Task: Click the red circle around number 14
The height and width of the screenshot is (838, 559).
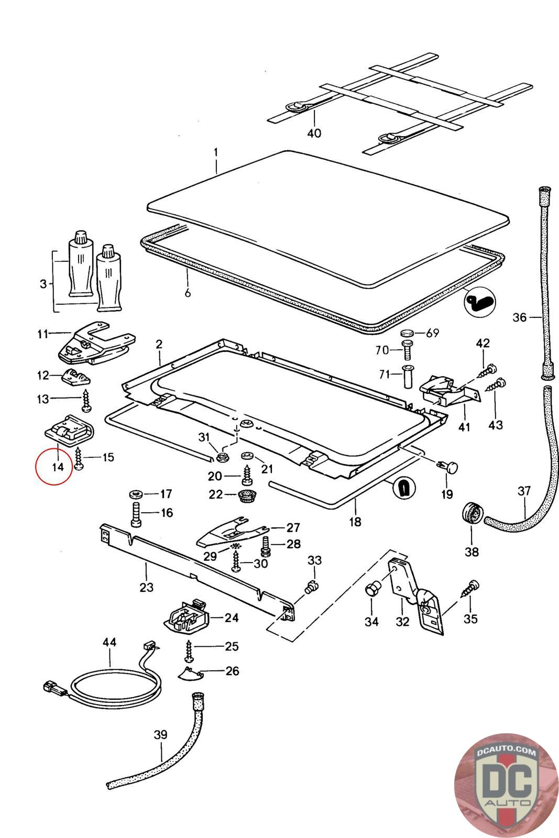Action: [54, 466]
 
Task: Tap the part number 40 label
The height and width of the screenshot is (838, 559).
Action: [314, 133]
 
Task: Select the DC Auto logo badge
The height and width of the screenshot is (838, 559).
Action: [506, 786]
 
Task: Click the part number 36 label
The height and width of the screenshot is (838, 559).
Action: [519, 317]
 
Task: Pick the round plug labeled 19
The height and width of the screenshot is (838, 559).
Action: [448, 467]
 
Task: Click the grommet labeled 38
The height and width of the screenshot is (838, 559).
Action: [472, 515]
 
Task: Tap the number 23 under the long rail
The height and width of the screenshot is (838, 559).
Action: [146, 587]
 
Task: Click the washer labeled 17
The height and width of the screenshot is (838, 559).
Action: [136, 494]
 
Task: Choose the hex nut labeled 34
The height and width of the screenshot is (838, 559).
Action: [372, 590]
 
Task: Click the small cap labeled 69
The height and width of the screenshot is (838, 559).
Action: [408, 333]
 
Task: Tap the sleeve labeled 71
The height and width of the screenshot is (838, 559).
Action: [408, 377]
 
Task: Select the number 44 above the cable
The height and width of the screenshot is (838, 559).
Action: [109, 642]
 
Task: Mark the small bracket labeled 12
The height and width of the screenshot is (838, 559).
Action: [76, 377]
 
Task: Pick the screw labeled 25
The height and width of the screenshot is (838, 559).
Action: [189, 651]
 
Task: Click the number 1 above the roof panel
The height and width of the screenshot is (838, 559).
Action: [216, 152]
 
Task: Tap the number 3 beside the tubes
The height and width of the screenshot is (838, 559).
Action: [43, 284]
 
